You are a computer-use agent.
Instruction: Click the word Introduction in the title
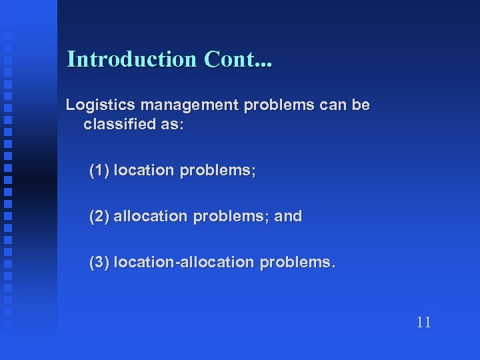point(132,59)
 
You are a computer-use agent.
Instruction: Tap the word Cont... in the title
point(239,59)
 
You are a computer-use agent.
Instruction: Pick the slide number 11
point(423,323)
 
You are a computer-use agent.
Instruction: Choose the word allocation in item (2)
point(152,216)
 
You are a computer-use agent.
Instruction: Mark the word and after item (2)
point(287,216)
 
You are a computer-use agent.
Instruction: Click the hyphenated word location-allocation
point(183,262)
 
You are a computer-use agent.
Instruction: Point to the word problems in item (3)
point(295,263)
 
